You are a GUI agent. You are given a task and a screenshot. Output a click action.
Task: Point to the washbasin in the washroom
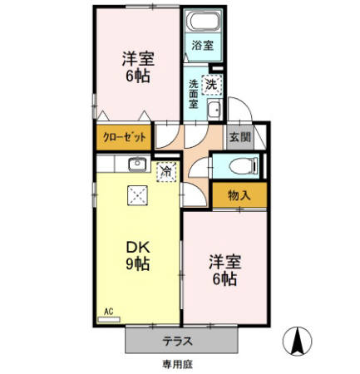click(214, 113)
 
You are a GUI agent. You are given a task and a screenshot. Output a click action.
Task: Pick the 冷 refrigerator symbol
click(166, 172)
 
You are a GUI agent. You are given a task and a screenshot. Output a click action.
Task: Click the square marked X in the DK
click(135, 196)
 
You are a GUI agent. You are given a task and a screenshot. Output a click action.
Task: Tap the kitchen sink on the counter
click(136, 164)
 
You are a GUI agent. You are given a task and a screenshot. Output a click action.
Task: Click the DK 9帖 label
click(137, 255)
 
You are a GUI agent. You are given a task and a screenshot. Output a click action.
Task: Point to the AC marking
click(108, 312)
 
